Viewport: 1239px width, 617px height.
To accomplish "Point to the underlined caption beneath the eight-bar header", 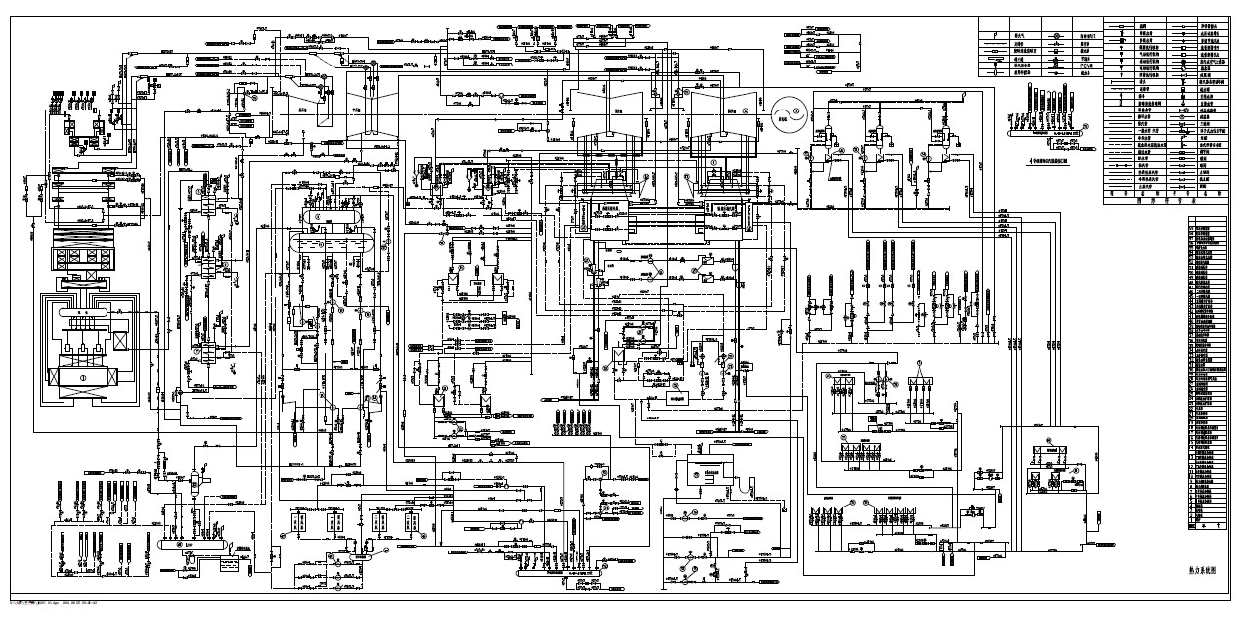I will (x=1055, y=155).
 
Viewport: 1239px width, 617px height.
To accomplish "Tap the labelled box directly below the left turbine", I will (x=611, y=208).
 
